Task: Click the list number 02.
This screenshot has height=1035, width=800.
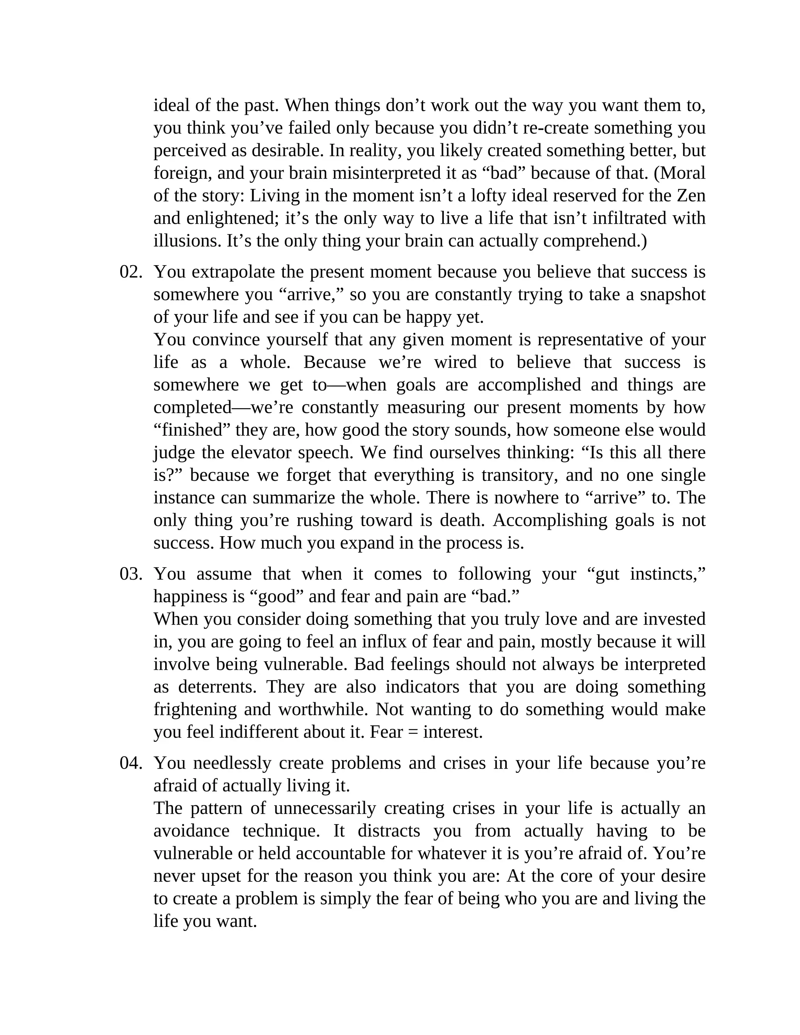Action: click(131, 272)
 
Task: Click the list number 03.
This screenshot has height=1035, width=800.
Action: click(131, 574)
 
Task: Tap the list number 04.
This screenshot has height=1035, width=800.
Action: click(131, 763)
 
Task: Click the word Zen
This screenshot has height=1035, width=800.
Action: click(691, 196)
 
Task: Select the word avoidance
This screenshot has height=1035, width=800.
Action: click(191, 831)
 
